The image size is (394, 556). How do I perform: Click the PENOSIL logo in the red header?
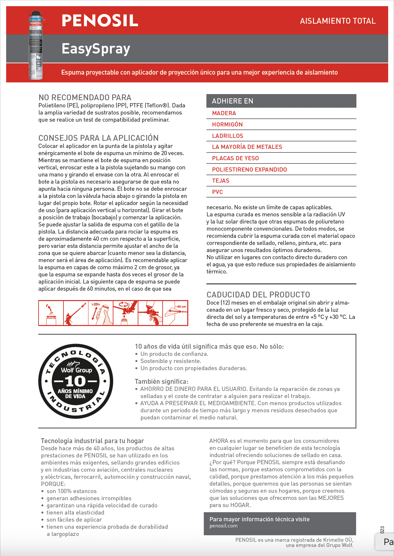pyautogui.click(x=100, y=21)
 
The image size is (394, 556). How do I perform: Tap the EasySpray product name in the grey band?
pyautogui.click(x=96, y=49)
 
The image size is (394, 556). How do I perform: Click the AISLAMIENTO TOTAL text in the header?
pyautogui.click(x=338, y=21)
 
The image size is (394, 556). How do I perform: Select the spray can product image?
pyautogui.click(x=36, y=45)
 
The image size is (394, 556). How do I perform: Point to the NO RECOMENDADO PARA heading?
pyautogui.click(x=85, y=97)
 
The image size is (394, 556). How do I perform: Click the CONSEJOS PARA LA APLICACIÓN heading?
pyautogui.click(x=98, y=138)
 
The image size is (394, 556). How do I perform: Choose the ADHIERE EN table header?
pyautogui.click(x=233, y=101)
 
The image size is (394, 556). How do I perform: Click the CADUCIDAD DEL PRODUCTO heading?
pyautogui.click(x=258, y=295)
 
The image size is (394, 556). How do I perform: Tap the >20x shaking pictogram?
pyautogui.click(x=100, y=313)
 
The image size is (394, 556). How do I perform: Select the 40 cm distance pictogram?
pyautogui.click(x=175, y=313)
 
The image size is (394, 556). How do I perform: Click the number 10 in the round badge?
pyautogui.click(x=75, y=381)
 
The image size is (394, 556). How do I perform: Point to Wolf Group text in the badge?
pyautogui.click(x=76, y=370)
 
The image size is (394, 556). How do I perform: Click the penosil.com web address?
pyautogui.click(x=224, y=526)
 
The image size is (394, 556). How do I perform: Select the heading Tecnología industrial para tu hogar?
pyautogui.click(x=92, y=441)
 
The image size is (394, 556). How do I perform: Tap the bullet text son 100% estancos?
pyautogui.click(x=72, y=491)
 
